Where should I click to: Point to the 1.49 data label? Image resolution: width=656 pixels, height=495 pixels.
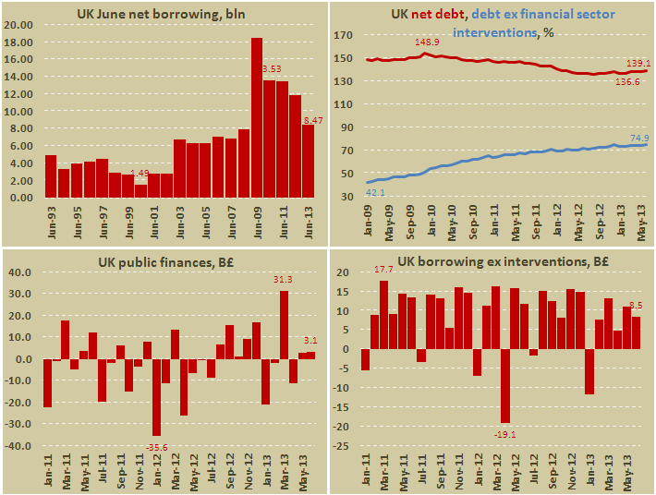coord(140,173)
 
